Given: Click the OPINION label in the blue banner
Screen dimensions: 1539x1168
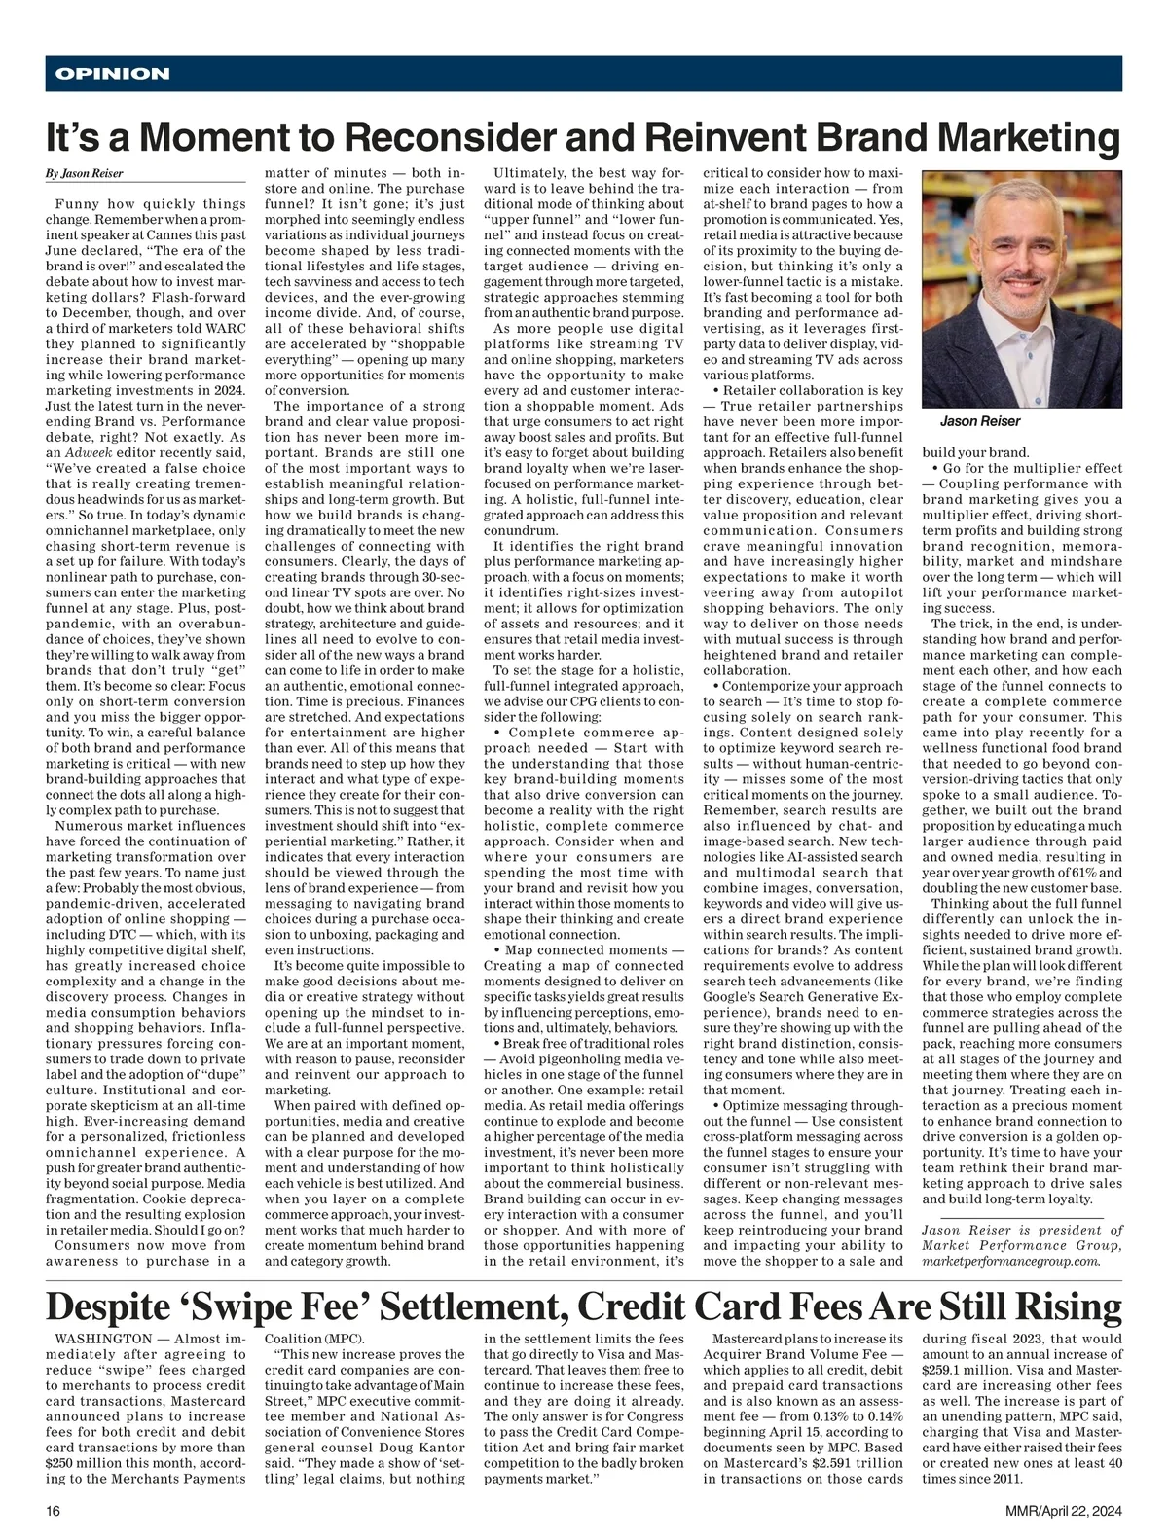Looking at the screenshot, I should click(x=113, y=74).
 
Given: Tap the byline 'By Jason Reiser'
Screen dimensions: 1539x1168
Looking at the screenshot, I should click(x=84, y=174).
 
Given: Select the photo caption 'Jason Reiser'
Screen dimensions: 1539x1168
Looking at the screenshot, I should click(x=980, y=421).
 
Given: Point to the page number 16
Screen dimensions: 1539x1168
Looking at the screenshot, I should click(x=53, y=1511).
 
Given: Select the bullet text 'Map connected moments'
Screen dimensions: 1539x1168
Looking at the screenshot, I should click(x=583, y=949).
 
